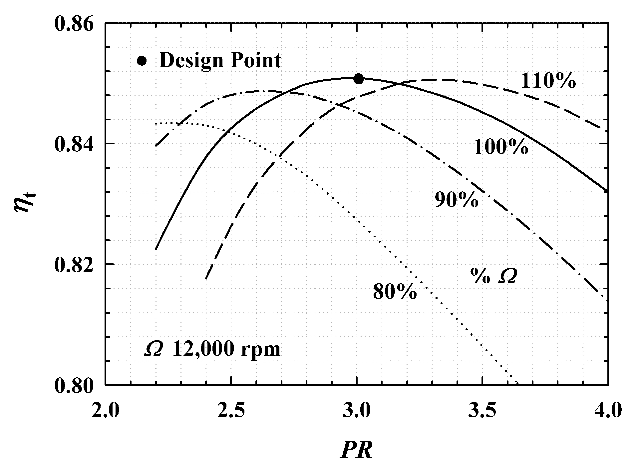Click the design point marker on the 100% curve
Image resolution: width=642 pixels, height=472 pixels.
click(x=358, y=79)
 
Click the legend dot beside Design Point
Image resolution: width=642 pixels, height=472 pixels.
click(x=142, y=61)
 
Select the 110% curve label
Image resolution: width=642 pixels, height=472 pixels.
click(x=548, y=81)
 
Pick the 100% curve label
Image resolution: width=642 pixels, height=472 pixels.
click(x=501, y=147)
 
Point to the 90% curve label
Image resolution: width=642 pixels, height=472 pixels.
click(x=457, y=200)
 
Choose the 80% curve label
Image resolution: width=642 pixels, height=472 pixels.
click(x=395, y=292)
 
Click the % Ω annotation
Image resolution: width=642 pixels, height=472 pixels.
click(x=493, y=276)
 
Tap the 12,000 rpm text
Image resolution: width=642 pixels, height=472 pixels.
click(x=226, y=350)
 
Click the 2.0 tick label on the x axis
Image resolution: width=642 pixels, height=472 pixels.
click(x=105, y=411)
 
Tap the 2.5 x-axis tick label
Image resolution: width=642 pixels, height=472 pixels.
click(x=231, y=411)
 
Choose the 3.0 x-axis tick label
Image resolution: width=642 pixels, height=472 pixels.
click(x=357, y=411)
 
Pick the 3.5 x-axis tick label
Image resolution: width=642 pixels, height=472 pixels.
click(x=483, y=411)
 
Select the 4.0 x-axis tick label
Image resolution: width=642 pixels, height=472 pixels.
click(x=608, y=411)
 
